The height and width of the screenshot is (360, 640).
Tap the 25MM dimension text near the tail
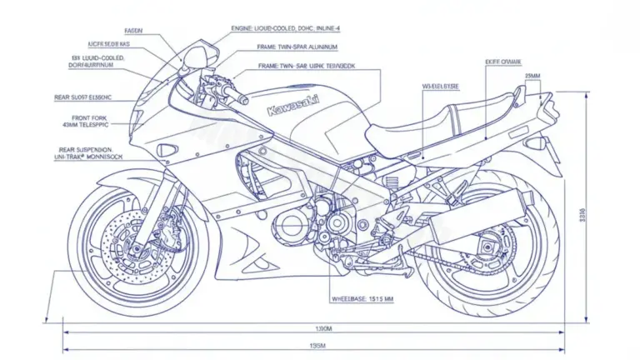(532, 76)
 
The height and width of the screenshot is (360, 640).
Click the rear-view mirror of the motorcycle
(197, 57)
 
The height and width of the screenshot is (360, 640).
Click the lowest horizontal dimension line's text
(317, 345)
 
